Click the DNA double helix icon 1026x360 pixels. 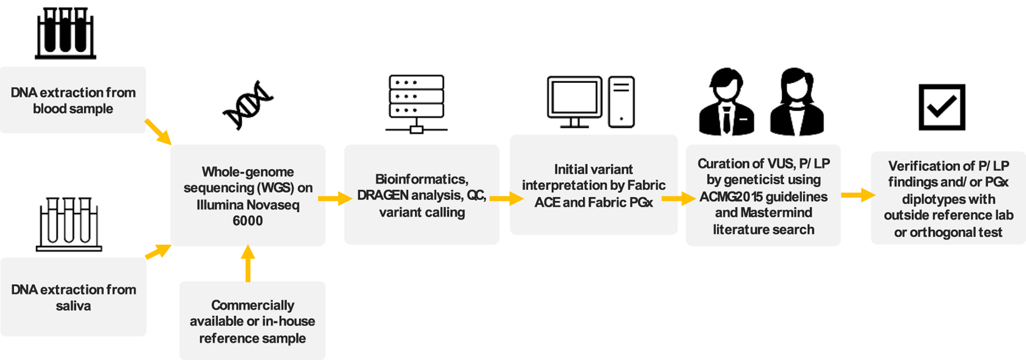248,105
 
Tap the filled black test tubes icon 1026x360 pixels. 65,33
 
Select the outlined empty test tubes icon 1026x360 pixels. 69,224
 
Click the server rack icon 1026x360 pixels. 416,104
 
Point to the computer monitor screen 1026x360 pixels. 574,97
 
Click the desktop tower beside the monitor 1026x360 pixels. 621,102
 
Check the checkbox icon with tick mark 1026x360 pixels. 941,107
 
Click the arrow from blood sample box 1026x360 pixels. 158,131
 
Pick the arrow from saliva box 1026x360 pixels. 158,252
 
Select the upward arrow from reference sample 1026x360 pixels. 248,263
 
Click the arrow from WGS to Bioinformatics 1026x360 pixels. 335,199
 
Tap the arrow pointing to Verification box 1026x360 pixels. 858,196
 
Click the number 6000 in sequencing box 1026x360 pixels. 247,221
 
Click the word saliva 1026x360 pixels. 73,306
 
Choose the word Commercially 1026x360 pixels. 252,305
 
